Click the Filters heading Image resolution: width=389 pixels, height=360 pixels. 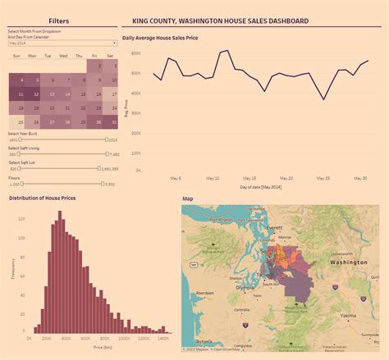click(x=58, y=20)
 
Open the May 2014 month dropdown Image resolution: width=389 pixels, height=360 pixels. click(x=62, y=43)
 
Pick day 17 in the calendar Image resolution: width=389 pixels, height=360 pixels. click(x=111, y=94)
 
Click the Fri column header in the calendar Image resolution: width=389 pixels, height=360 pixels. click(x=95, y=56)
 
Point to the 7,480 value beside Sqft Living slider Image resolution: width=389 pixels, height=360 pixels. click(x=114, y=154)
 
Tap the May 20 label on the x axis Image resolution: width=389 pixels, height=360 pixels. click(x=286, y=177)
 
